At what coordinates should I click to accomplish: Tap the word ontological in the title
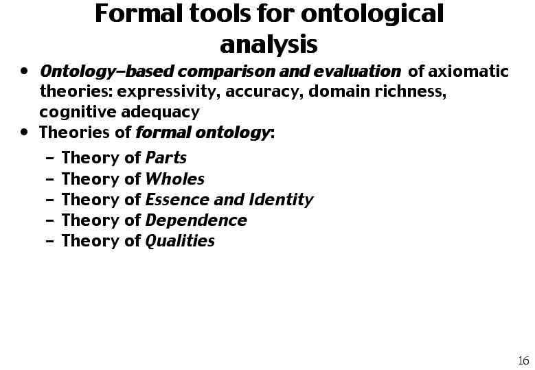click(x=372, y=15)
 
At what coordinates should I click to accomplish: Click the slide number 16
click(x=524, y=360)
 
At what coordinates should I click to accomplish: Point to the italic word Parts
click(x=166, y=158)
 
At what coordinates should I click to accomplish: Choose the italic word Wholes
click(x=175, y=178)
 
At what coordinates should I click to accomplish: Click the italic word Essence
click(x=177, y=200)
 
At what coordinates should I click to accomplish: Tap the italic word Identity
click(x=281, y=200)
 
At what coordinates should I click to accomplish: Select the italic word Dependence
click(x=196, y=220)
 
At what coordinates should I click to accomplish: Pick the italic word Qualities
click(x=180, y=241)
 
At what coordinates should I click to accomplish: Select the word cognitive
click(x=78, y=112)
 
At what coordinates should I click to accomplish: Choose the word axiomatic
click(x=468, y=71)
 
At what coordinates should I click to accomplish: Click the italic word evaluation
click(x=357, y=71)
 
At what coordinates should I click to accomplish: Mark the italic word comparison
click(x=226, y=71)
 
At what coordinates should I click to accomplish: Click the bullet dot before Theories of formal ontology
click(x=24, y=132)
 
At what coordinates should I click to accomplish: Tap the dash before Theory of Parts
click(x=50, y=159)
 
